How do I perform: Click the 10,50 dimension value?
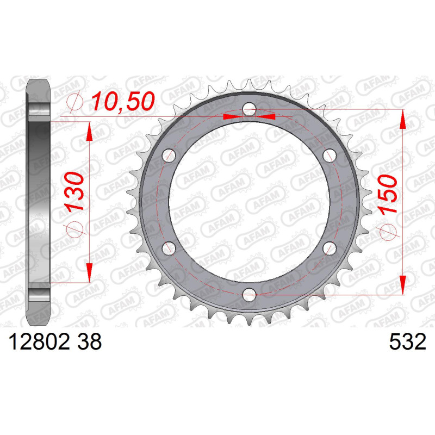(x=123, y=102)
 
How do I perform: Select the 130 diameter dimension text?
(x=74, y=191)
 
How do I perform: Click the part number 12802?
(x=39, y=342)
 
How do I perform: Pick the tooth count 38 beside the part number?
(x=90, y=342)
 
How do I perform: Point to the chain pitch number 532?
(x=407, y=342)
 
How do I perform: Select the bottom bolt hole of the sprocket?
(x=249, y=294)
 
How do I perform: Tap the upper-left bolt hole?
(x=169, y=156)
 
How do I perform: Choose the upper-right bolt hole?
(x=330, y=156)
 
